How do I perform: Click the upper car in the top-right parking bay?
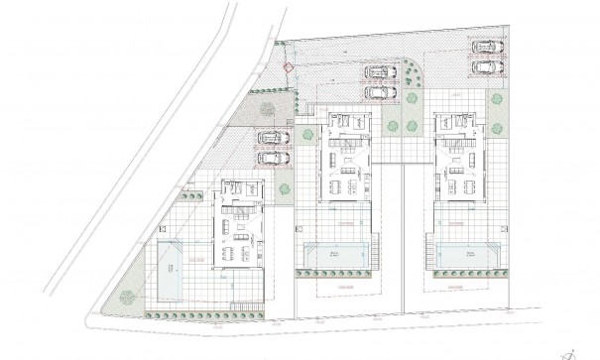coord(485,47)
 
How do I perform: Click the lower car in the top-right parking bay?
coord(485,66)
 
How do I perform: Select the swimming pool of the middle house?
coord(339,254)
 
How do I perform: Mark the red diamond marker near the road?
coord(289,68)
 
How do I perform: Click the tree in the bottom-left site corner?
coord(126,295)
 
